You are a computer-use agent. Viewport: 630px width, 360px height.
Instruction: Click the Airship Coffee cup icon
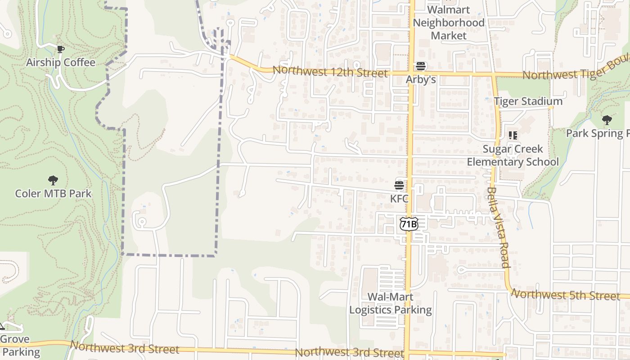pos(60,49)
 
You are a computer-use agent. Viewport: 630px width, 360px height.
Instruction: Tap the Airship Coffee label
pos(61,62)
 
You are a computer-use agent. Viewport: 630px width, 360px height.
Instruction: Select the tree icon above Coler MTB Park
pos(53,181)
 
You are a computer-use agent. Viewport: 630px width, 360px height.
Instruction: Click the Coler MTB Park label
pos(53,193)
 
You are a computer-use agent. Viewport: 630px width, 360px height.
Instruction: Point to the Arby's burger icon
pos(421,67)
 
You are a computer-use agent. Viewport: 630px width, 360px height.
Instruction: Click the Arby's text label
pos(421,79)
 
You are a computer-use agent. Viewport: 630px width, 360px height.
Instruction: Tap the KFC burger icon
pos(399,185)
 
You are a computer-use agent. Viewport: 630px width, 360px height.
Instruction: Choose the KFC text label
pos(399,198)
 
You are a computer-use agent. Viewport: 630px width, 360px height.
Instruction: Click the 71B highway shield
pos(409,224)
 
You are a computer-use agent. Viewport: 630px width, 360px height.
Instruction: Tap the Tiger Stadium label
pos(528,101)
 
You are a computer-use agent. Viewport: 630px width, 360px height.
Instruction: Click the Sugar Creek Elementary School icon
pos(513,135)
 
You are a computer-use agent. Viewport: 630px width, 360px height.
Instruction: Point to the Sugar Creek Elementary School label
pos(513,155)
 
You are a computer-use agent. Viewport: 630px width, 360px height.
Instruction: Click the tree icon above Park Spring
pos(607,120)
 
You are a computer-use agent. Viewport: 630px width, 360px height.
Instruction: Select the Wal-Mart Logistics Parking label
pos(391,303)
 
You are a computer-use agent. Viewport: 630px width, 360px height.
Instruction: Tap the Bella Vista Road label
pos(498,227)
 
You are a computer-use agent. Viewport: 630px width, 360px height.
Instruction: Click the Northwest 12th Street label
pos(330,72)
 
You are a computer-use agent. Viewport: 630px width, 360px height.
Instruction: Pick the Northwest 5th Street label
pos(566,295)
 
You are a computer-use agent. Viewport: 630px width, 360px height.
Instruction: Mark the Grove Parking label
pos(18,346)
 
